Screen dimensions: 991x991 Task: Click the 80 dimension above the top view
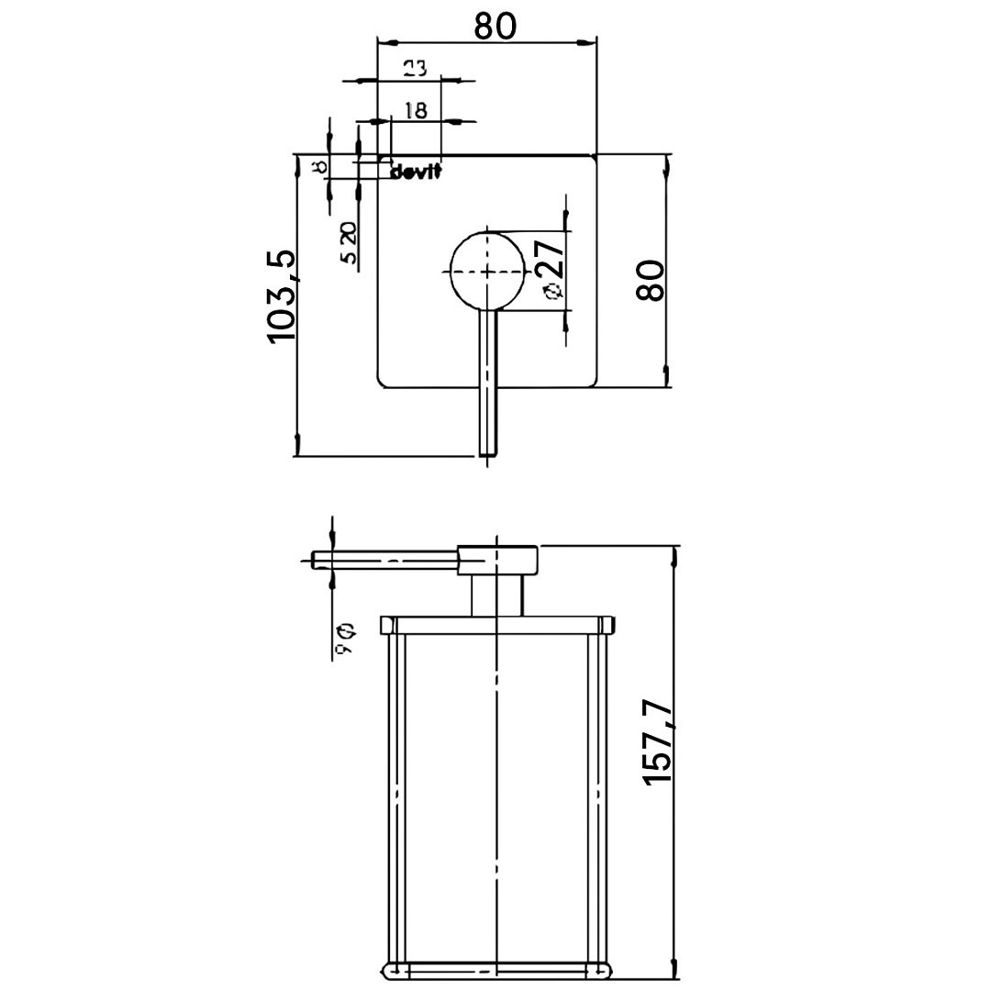[x=495, y=25]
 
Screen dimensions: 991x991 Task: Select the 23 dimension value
[x=415, y=68]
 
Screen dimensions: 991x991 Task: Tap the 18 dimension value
[x=415, y=110]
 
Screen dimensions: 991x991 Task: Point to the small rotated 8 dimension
[x=318, y=167]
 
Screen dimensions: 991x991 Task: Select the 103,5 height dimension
[x=282, y=296]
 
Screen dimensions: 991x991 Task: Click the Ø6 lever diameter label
[x=348, y=639]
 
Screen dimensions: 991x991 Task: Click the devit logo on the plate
[x=417, y=173]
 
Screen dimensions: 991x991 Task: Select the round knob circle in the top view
[x=487, y=271]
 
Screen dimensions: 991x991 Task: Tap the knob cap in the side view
[x=497, y=560]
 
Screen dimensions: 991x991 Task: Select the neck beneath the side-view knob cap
[x=497, y=596]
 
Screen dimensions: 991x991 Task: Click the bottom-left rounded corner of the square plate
[x=384, y=383]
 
